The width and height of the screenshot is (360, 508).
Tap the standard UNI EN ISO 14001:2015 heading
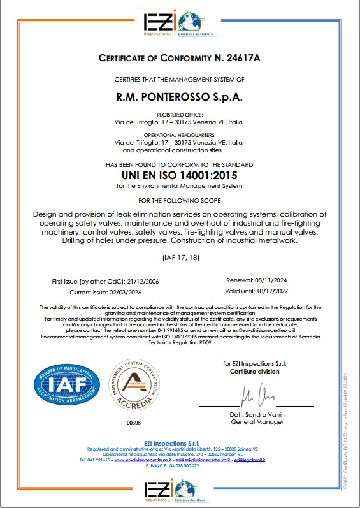[179, 175]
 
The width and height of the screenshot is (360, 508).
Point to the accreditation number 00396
[134, 422]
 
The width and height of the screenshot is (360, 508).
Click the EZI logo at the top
[180, 20]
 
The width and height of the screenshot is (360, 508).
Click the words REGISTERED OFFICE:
[179, 114]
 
